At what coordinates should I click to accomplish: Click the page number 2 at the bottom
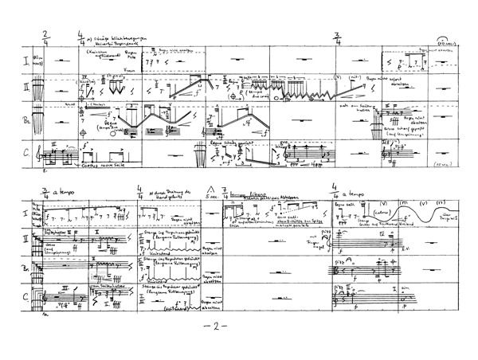pyautogui.click(x=239, y=327)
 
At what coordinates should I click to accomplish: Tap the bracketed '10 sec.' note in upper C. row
pyautogui.click(x=447, y=164)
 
